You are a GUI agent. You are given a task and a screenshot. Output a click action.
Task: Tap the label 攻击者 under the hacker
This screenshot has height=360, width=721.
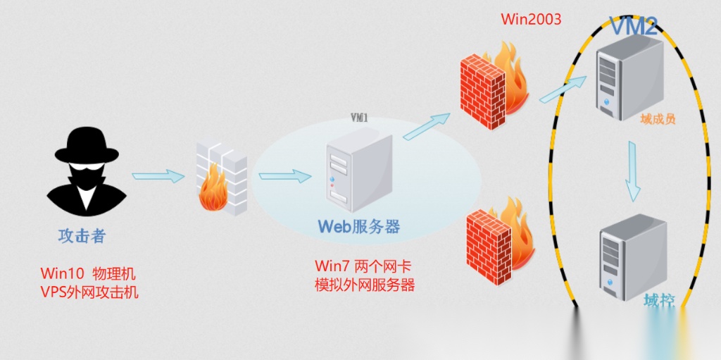click(82, 235)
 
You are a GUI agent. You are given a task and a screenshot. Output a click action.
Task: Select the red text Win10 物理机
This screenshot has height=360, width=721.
click(88, 273)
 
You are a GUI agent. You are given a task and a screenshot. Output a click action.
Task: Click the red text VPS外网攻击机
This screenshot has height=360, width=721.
click(89, 291)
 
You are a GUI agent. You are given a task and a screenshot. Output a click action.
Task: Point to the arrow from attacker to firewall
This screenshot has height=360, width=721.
click(157, 176)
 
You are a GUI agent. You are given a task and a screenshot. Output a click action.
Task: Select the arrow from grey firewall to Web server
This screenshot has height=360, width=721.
click(284, 176)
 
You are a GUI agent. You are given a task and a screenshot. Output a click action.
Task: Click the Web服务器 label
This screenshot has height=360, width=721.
click(358, 226)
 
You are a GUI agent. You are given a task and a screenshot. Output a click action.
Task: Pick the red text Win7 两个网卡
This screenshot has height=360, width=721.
click(363, 266)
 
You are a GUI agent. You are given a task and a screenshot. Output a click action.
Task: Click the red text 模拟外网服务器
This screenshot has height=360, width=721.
click(365, 285)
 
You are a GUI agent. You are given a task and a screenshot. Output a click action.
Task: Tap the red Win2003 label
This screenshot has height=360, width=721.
click(531, 19)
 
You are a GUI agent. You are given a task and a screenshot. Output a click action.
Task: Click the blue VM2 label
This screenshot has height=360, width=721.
click(633, 26)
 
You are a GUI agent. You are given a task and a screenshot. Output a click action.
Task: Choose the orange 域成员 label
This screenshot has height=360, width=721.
click(658, 118)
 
